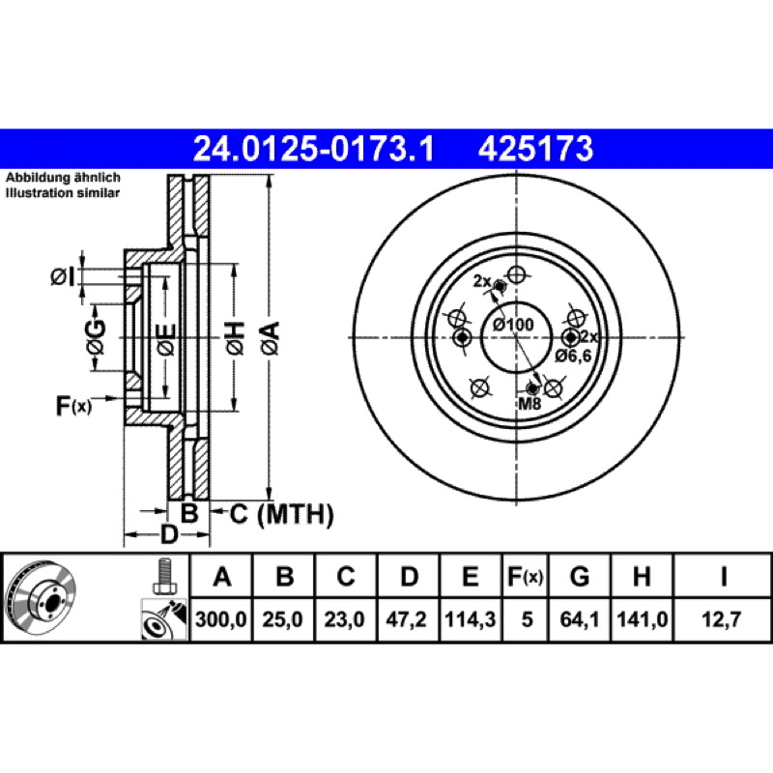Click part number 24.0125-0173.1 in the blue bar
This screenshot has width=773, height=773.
tap(313, 149)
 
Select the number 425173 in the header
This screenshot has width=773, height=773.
tap(535, 149)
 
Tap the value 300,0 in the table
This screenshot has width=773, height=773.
tap(221, 619)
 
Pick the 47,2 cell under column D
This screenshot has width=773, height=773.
tap(406, 619)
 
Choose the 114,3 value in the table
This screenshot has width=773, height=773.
tap(470, 619)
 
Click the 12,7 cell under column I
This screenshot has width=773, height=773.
tap(722, 619)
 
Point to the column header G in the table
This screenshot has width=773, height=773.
tap(580, 576)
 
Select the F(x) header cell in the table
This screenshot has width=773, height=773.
tap(526, 576)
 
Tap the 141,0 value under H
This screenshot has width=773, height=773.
tap(643, 619)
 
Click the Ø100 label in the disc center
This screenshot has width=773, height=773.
tap(514, 325)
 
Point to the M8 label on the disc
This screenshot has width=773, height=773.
tap(530, 404)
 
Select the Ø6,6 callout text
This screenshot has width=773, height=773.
tap(573, 356)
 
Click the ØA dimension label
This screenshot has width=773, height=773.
tap(271, 338)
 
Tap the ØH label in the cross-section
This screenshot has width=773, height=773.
tap(235, 338)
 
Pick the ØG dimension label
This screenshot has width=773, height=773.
tap(96, 337)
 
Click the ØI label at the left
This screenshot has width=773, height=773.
tap(63, 277)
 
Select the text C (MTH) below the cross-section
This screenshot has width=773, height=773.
tap(282, 514)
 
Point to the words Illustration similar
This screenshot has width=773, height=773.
tap(63, 192)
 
